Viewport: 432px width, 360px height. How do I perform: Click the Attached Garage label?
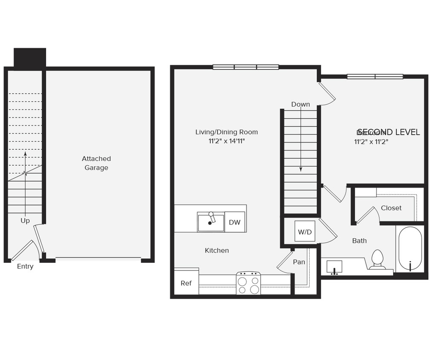tap(96, 163)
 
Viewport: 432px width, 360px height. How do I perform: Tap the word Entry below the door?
tap(25, 267)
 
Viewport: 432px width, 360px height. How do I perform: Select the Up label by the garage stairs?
tap(25, 221)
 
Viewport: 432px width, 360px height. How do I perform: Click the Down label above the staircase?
tap(301, 105)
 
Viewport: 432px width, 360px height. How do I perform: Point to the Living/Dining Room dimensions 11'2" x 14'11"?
tap(226, 141)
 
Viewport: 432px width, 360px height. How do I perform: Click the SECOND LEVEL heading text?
tap(389, 132)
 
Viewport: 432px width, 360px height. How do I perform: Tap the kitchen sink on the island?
tap(211, 222)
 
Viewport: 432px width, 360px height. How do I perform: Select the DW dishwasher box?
tap(235, 222)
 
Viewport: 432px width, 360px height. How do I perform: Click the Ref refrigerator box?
tap(186, 283)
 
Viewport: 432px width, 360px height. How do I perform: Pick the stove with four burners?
tap(248, 283)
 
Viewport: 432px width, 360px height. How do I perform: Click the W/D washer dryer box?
tap(304, 232)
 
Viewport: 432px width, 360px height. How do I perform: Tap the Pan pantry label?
tap(299, 262)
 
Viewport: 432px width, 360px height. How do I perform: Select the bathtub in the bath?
tap(410, 249)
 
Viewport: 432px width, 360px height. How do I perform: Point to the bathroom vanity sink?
tap(334, 267)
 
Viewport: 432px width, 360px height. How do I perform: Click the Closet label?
tap(391, 208)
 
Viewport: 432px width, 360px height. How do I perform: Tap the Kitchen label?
tap(217, 250)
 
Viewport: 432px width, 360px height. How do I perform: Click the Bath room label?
tap(360, 241)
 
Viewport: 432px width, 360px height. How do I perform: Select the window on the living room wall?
tap(246, 67)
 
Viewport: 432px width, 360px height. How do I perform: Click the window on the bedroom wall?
tap(375, 77)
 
